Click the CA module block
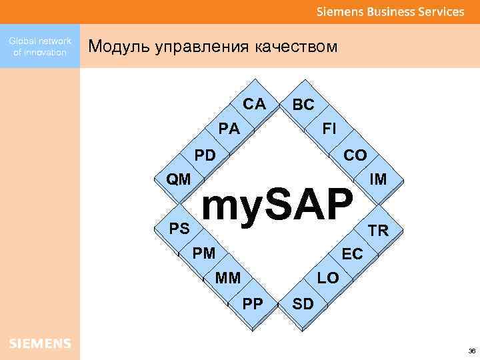tap(254, 105)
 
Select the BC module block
tap(303, 105)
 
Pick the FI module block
tap(329, 128)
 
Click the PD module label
tap(205, 155)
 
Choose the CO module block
tap(355, 155)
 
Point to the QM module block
tap(179, 179)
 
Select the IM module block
tap(379, 179)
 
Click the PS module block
tap(179, 229)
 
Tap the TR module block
tap(379, 231)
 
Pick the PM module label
tap(204, 253)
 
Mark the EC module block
tap(352, 254)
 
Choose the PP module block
tap(253, 304)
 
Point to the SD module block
tap(303, 304)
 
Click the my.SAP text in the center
tap(276, 205)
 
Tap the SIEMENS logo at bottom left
tap(40, 343)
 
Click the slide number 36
tap(471, 351)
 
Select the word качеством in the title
tap(295, 47)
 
